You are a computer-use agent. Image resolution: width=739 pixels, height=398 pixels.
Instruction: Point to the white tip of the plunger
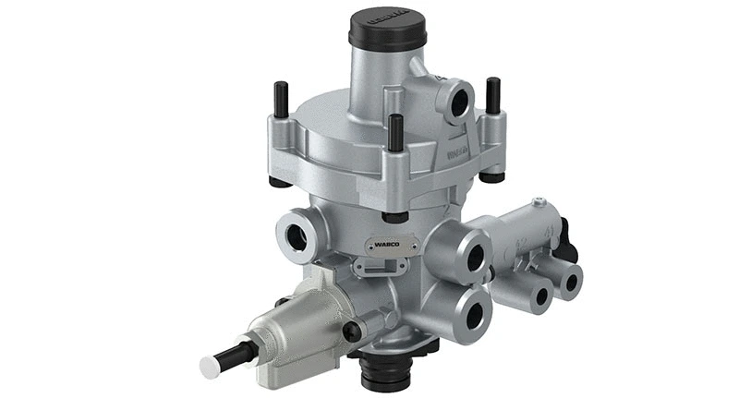coord(210,367)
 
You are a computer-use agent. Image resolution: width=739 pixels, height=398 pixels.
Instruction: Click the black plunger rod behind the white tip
coord(236,355)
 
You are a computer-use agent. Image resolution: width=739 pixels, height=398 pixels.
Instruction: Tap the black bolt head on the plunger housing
coord(351,332)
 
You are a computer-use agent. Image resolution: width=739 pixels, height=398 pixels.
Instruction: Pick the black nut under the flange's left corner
coord(280,181)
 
